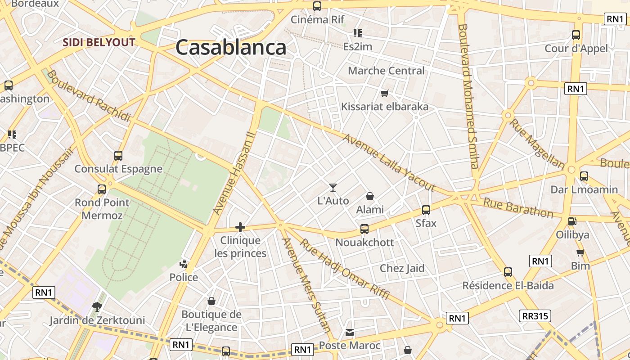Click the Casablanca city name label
tap(231, 47)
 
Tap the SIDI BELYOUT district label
tap(99, 42)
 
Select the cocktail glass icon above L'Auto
tap(333, 187)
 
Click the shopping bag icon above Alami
tap(370, 196)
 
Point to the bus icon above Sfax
tap(426, 210)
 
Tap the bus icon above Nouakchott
tap(364, 229)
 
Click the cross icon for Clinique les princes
tap(240, 227)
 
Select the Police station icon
tap(184, 264)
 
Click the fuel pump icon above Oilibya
tap(572, 221)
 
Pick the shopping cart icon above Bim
tap(580, 252)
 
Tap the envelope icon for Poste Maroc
tap(350, 333)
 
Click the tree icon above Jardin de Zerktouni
tap(97, 307)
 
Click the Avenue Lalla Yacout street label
tap(389, 162)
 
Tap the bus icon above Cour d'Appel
tap(576, 35)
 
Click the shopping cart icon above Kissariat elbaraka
tap(384, 93)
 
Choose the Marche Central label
tap(386, 71)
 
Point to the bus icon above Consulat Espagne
tap(118, 156)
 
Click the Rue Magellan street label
tap(537, 144)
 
